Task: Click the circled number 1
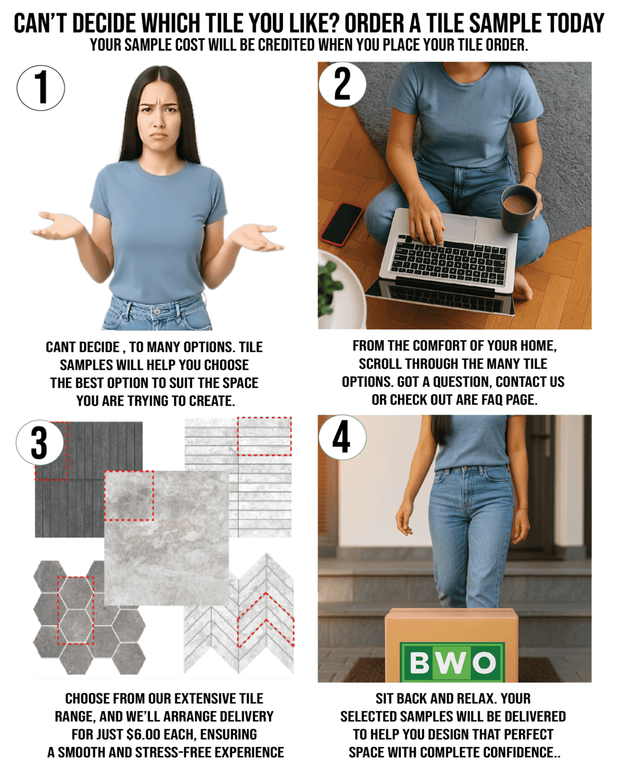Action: tap(41, 88)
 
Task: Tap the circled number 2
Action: tap(342, 84)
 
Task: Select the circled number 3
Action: tap(40, 442)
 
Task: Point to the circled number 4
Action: tap(342, 437)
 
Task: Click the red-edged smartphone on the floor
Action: tap(342, 224)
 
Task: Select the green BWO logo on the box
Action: tap(452, 662)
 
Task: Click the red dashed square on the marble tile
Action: tap(129, 495)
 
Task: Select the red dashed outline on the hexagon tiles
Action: tap(76, 610)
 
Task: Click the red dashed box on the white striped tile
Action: tap(264, 436)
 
